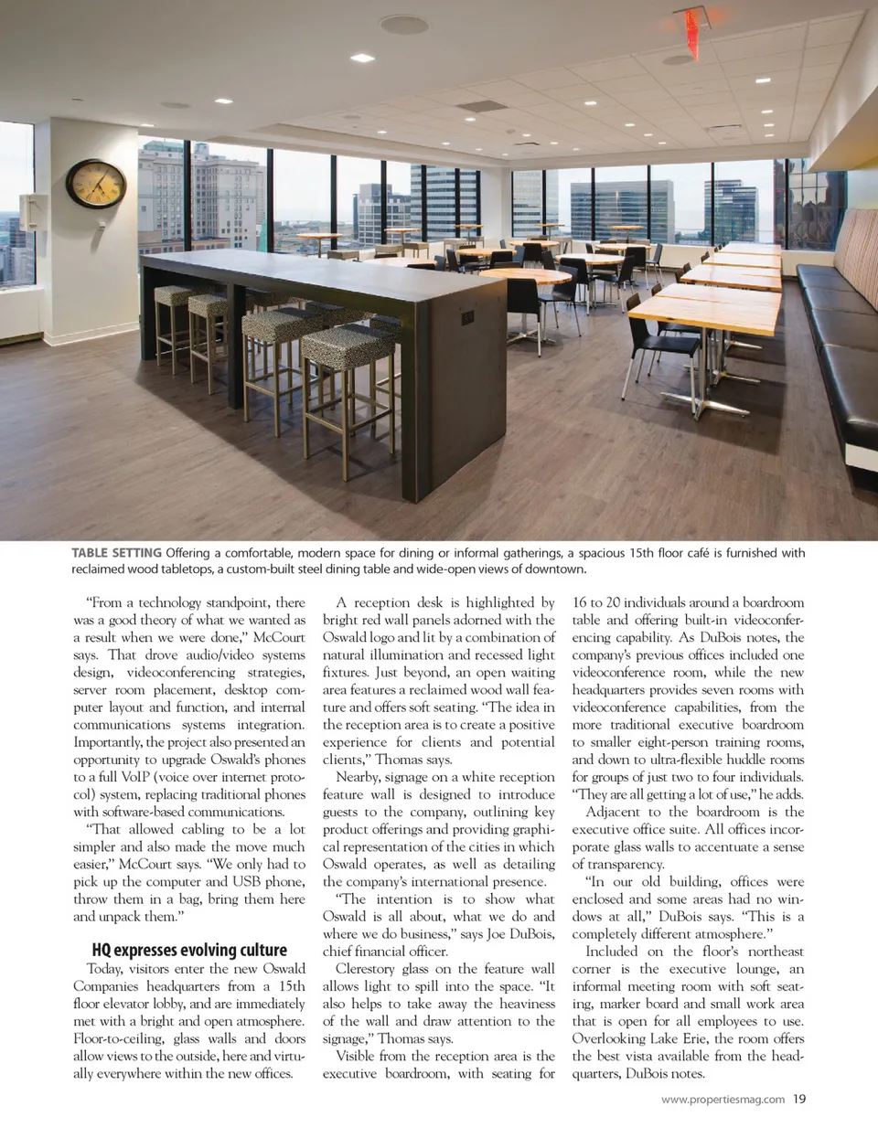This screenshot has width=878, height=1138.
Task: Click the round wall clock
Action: click(x=96, y=184)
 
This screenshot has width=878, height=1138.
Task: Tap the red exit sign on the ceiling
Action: click(x=692, y=20)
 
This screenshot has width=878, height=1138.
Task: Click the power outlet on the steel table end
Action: click(x=467, y=317)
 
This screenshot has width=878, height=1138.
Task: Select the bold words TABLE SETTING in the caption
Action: click(x=116, y=553)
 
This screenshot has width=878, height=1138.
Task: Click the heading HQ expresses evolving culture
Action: click(x=189, y=950)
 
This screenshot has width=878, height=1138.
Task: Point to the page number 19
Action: click(x=799, y=1100)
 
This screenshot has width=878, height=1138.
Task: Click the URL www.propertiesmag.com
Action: click(x=723, y=1100)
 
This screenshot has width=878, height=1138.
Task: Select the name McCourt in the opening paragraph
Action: click(x=279, y=637)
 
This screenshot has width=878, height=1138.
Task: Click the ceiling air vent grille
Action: click(x=482, y=106)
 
